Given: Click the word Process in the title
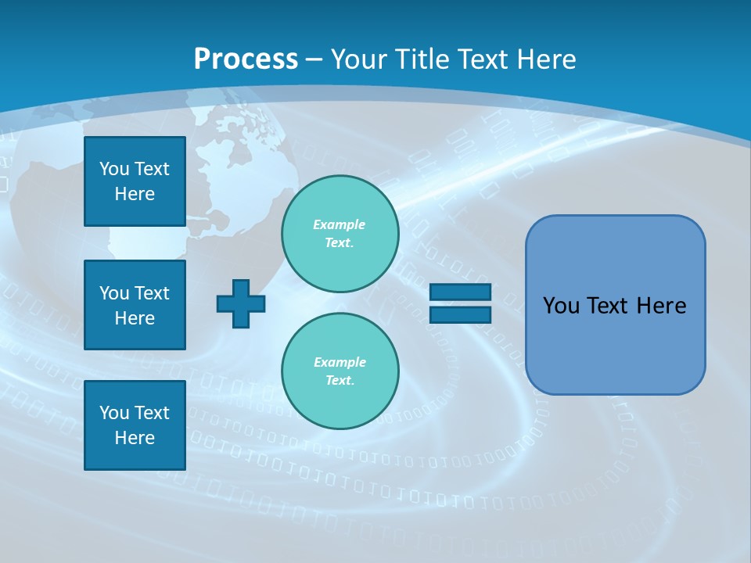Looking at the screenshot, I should (246, 59).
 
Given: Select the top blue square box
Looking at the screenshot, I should (135, 181).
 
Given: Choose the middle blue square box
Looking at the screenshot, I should (135, 305).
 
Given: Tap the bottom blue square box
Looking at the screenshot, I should (135, 425).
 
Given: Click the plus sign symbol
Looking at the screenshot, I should (241, 303).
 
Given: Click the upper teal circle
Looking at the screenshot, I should (340, 234).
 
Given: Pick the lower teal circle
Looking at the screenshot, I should (340, 371).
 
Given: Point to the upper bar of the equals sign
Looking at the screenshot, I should (460, 292).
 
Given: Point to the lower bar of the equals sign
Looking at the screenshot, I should (460, 314).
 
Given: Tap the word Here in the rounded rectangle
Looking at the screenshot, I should (661, 306).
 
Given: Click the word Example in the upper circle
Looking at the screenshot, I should (339, 224).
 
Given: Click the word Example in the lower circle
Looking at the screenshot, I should (340, 362).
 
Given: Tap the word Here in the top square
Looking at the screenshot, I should (135, 194).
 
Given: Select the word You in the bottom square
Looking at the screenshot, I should (113, 413).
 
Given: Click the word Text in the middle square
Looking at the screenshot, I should (151, 293).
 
